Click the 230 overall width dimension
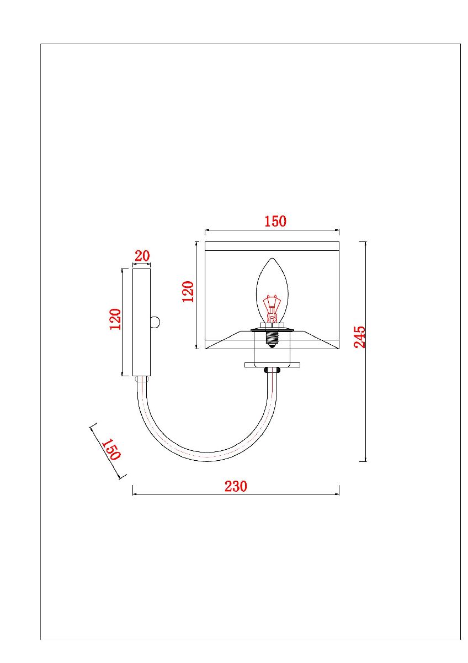236,486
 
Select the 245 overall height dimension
359,337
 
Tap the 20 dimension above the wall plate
142,256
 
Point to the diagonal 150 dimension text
110,450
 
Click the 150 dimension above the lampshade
275,222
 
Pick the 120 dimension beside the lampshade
188,291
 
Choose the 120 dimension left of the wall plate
115,319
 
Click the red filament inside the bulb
271,307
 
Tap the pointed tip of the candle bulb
271,259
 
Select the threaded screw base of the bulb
271,338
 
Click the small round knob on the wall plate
156,322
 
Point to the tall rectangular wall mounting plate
141,322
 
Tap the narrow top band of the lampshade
272,246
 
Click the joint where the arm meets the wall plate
142,380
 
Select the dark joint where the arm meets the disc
272,371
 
